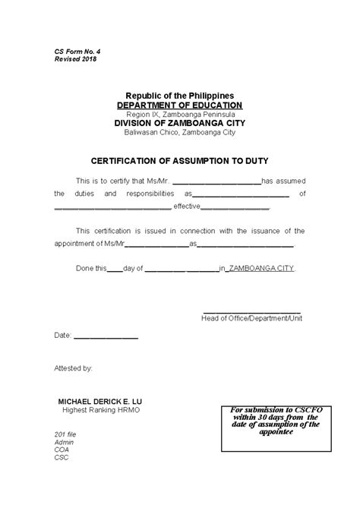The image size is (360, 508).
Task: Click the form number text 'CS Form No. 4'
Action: (77, 49)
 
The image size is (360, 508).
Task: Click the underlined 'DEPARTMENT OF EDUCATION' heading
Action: (179, 106)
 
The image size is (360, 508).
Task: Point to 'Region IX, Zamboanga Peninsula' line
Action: (179, 114)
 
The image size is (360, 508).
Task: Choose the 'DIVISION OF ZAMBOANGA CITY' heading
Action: (179, 123)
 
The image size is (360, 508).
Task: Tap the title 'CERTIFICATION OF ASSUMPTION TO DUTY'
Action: (179, 161)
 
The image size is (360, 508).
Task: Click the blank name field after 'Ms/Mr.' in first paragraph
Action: (216, 182)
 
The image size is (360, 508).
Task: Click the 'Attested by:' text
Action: (74, 368)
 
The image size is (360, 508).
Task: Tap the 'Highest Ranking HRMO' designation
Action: (101, 410)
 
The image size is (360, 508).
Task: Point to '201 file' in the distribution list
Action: (67, 434)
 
